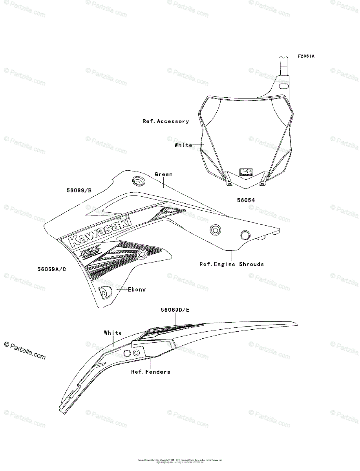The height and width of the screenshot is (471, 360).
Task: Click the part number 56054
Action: click(246, 200)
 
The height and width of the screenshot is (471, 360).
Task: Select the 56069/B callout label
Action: click(79, 190)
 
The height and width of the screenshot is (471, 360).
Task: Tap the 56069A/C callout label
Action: click(51, 269)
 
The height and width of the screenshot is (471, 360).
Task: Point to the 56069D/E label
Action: click(175, 310)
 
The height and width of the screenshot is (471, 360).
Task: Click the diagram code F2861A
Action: click(306, 56)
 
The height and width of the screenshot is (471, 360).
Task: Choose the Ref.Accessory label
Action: click(165, 121)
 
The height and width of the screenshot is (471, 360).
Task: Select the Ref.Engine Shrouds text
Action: click(232, 264)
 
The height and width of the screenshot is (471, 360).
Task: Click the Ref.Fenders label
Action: click(151, 372)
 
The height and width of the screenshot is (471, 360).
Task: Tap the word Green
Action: click(163, 174)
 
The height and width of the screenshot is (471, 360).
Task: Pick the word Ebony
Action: click(137, 290)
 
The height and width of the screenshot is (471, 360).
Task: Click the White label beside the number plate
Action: click(183, 145)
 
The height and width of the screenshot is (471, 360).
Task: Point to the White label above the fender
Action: click(113, 333)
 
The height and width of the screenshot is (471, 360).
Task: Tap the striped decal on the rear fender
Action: click(173, 329)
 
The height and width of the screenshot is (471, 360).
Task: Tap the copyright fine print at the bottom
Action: click(180, 460)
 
